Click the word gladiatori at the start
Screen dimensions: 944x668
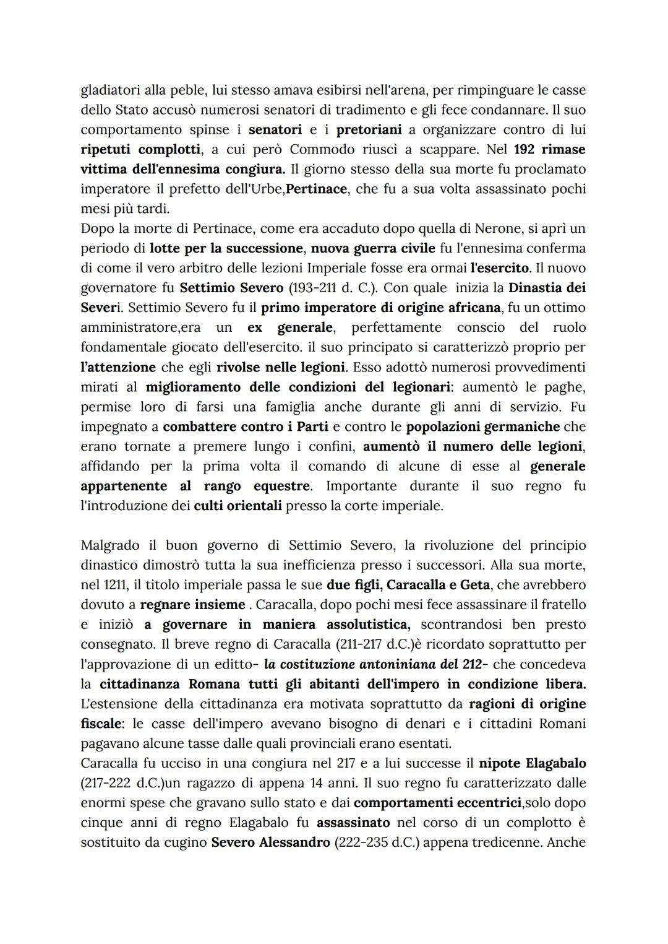coord(110,90)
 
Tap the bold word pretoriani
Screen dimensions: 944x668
coord(369,129)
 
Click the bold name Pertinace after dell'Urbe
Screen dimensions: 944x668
coord(316,189)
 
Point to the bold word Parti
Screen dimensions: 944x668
coord(312,427)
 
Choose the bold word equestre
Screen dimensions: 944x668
coord(281,486)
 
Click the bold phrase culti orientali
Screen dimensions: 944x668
coord(238,506)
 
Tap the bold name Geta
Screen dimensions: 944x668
coord(474,585)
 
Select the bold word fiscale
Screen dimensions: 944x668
coord(102,724)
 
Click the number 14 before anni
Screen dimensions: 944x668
coord(317,783)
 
